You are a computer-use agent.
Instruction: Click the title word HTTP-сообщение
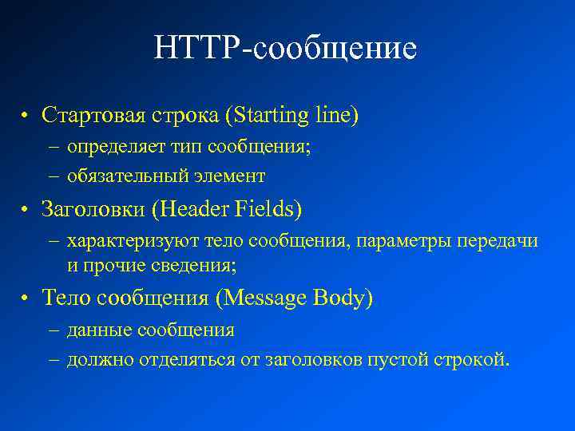point(286,49)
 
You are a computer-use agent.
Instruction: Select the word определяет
point(108,148)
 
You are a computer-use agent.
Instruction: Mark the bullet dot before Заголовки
point(26,210)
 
